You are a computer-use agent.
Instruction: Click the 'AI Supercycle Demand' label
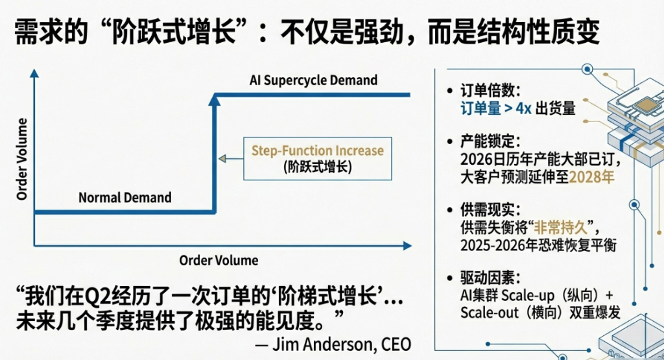[313, 80]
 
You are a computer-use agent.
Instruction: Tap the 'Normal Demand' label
[125, 197]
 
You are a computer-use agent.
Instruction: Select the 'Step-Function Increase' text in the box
[317, 150]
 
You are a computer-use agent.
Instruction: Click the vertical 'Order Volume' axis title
[22, 159]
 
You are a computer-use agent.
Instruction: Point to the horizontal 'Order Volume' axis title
[219, 260]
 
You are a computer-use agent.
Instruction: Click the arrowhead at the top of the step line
[215, 99]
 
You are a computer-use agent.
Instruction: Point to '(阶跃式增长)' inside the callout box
[317, 167]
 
